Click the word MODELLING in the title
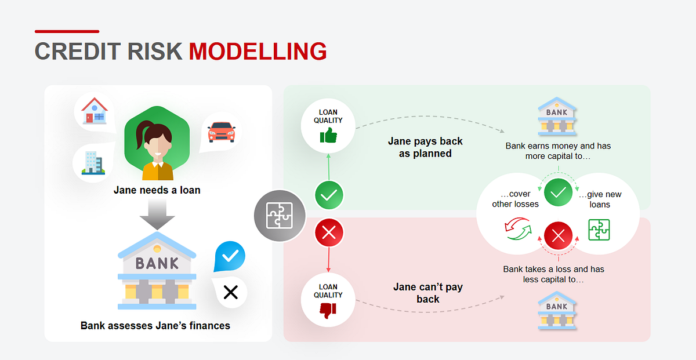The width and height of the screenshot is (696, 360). [258, 51]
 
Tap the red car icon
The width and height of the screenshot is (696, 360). [222, 132]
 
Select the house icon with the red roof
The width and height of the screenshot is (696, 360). [95, 111]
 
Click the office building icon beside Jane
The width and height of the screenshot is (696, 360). [93, 163]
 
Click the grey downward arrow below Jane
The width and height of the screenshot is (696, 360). [157, 214]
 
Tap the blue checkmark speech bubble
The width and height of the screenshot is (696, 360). [230, 256]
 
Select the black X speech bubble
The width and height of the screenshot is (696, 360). [230, 292]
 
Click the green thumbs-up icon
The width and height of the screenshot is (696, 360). [328, 136]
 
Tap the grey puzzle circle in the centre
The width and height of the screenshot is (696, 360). [280, 216]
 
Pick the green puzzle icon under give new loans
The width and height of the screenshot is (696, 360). [599, 230]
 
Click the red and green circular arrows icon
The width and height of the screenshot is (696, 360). [518, 228]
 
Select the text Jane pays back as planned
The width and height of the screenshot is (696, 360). [425, 147]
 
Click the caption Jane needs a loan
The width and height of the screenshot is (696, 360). [157, 190]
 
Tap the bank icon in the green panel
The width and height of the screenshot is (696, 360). [557, 116]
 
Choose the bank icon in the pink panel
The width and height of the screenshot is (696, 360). [557, 310]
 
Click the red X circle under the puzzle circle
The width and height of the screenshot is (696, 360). [329, 232]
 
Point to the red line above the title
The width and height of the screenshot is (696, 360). [67, 31]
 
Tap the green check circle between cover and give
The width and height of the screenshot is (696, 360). [558, 192]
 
